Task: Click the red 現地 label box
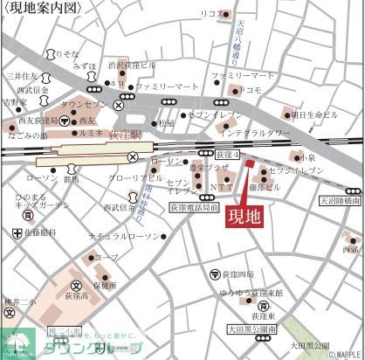(244, 217)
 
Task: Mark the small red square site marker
(248, 163)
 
